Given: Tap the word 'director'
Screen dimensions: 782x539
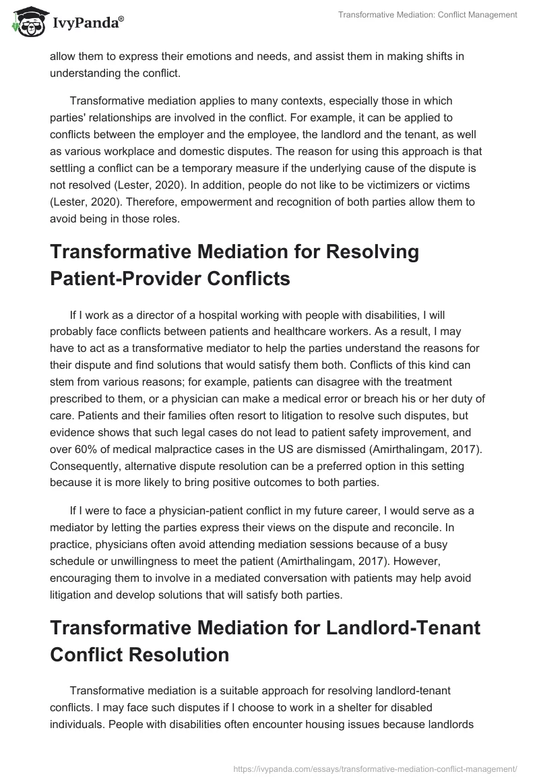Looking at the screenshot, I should (177, 315).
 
